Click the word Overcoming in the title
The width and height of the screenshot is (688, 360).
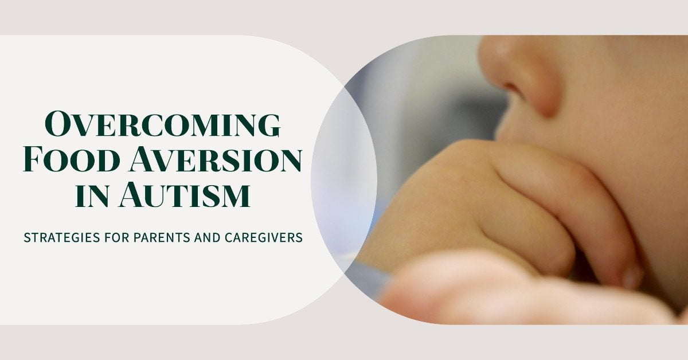(x=163, y=124)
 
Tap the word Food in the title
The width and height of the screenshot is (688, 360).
(x=72, y=160)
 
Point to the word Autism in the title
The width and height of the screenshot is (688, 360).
(x=185, y=195)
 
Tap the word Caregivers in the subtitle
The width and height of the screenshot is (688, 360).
(x=264, y=238)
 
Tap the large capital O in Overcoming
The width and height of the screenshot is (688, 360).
(x=58, y=124)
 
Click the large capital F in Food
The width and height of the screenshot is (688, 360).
(x=33, y=160)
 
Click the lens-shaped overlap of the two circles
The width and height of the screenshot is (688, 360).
(x=344, y=179)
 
